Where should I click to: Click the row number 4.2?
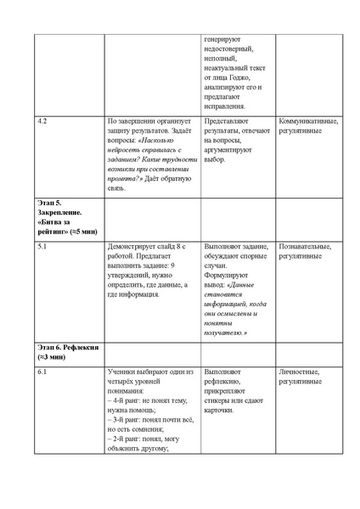42,121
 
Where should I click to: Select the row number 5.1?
42,246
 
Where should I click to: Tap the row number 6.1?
42,372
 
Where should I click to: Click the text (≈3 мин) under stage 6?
52,358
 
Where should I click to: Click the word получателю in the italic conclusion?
225,333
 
